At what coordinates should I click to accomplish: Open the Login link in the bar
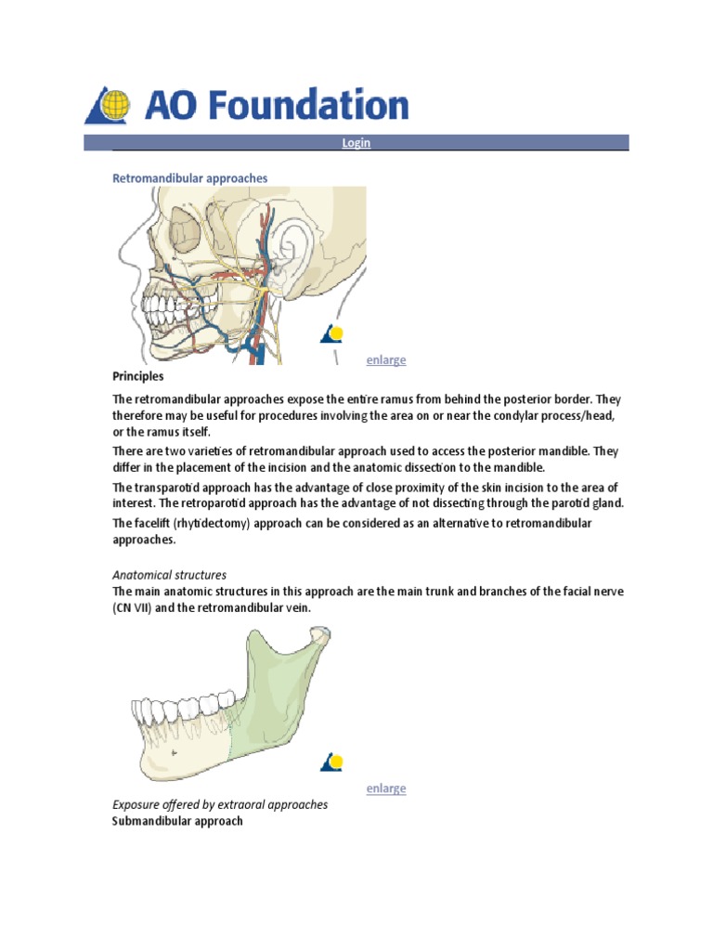click(x=356, y=143)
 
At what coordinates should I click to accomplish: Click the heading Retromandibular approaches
click(x=189, y=177)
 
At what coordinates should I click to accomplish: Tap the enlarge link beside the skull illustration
click(x=385, y=360)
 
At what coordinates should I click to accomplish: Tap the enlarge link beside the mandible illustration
click(x=385, y=788)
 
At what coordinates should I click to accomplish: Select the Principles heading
click(x=137, y=377)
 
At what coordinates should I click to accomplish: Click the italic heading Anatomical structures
click(x=169, y=575)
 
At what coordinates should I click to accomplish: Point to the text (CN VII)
click(x=138, y=608)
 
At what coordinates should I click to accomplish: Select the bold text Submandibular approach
click(x=177, y=822)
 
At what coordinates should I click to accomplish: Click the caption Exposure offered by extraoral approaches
click(x=220, y=805)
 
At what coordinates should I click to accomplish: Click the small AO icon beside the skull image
click(x=331, y=334)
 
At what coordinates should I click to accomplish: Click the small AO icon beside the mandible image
click(x=331, y=762)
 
